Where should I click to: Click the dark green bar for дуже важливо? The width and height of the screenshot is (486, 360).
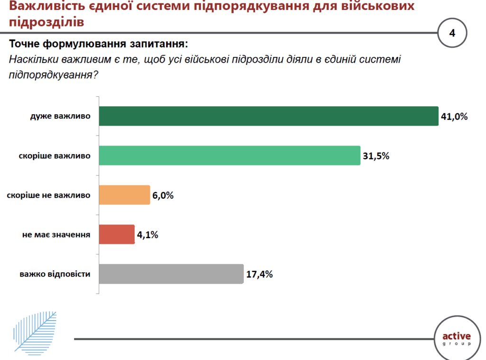click(268, 116)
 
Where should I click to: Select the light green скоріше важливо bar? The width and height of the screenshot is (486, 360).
click(229, 156)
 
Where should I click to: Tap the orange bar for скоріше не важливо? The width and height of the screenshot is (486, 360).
click(124, 194)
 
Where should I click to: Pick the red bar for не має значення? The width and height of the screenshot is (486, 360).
click(117, 234)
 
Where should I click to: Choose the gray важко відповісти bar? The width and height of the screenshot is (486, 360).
click(171, 274)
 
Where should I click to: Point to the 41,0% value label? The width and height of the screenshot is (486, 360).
click(454, 117)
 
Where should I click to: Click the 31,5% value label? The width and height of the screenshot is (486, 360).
click(376, 156)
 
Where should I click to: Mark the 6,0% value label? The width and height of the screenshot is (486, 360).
click(163, 195)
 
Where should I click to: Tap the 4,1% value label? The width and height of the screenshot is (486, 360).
click(148, 234)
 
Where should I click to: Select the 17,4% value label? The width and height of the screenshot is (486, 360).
click(259, 274)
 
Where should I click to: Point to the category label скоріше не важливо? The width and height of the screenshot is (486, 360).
click(49, 195)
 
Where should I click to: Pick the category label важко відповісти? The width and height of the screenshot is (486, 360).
click(55, 274)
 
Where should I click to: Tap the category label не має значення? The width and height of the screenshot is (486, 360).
click(56, 234)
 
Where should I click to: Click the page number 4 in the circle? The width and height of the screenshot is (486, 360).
click(452, 33)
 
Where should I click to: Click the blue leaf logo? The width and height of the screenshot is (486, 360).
click(34, 331)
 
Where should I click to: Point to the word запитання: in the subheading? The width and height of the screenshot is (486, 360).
click(158, 45)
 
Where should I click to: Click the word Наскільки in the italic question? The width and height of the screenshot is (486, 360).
click(33, 60)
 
